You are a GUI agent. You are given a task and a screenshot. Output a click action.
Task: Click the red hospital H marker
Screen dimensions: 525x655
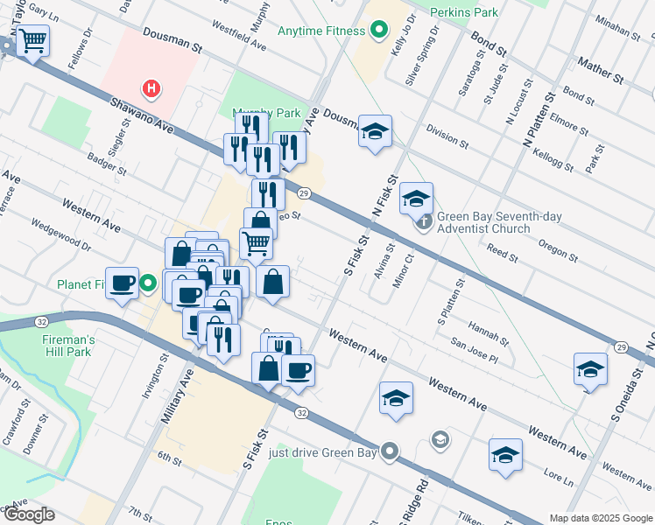click(x=152, y=88)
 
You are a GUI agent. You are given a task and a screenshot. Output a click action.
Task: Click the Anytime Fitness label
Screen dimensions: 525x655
click(x=320, y=31)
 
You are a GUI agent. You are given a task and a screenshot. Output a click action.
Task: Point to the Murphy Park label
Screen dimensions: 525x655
click(x=265, y=113)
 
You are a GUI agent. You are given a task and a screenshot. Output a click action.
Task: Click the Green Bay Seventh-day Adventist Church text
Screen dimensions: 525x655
click(x=489, y=222)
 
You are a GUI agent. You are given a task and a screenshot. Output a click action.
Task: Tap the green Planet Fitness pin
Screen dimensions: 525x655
click(x=149, y=283)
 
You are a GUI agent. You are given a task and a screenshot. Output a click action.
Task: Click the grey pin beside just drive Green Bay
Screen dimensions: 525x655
click(x=391, y=452)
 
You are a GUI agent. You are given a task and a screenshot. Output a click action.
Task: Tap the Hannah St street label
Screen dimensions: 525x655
click(x=489, y=331)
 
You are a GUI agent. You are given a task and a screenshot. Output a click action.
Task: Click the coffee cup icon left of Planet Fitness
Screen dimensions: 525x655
click(x=123, y=282)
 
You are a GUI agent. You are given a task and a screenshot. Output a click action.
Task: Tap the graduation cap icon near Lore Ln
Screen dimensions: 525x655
click(x=505, y=455)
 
